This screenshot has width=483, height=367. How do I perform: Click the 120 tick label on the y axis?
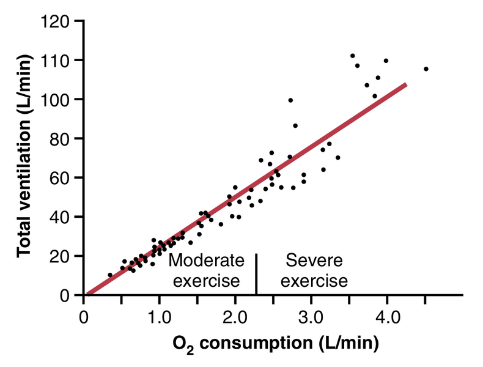(59, 21)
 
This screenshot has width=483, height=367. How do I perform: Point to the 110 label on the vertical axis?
(59, 61)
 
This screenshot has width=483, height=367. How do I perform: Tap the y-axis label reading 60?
(64, 178)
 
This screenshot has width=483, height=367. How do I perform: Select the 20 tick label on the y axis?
(64, 256)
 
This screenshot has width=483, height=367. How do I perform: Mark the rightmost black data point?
(426, 69)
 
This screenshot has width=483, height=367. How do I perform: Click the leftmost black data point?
(110, 275)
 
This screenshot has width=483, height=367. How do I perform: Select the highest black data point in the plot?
(352, 56)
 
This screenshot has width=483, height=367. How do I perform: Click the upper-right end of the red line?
(405, 85)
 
